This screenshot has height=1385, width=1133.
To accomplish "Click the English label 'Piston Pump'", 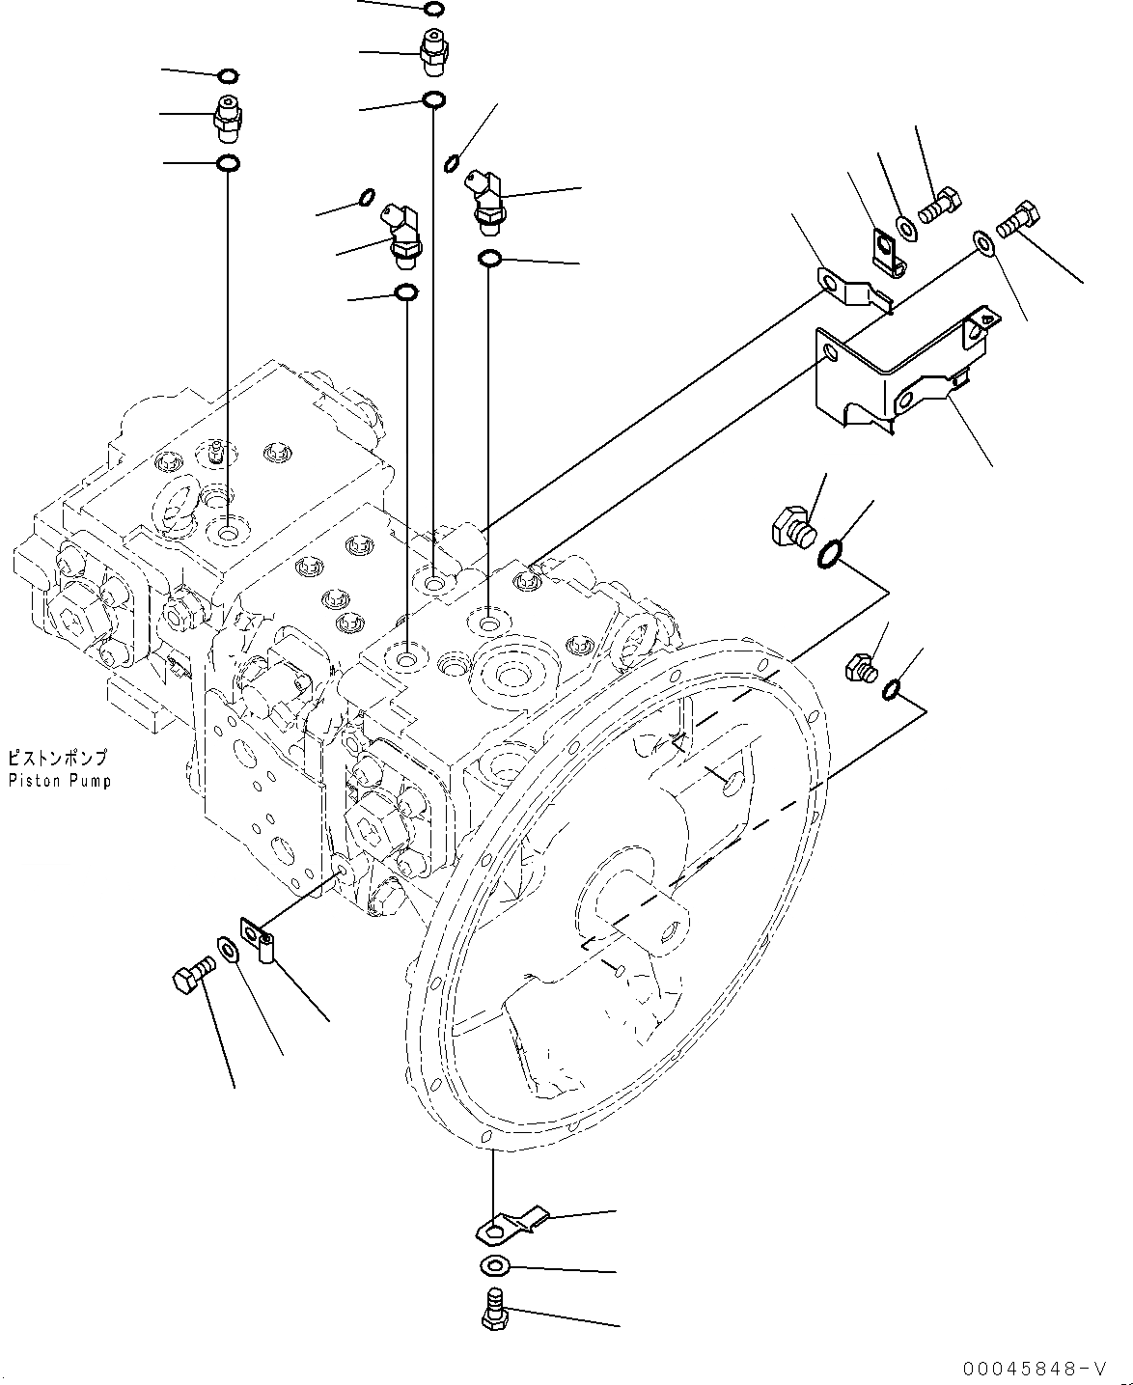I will [59, 781].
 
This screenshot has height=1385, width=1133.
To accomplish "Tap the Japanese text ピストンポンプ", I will [58, 759].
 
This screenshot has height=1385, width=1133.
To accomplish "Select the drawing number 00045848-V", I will [1033, 1369].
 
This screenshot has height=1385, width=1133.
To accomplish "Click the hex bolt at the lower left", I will [191, 976].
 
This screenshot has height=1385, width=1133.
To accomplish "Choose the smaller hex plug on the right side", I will [859, 667].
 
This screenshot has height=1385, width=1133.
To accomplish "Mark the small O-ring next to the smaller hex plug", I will [893, 688].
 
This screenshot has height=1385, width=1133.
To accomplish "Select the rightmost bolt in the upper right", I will [1018, 218].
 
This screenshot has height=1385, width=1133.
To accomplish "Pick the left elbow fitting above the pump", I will [402, 235].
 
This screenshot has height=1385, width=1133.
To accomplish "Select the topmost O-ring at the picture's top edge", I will [433, 10].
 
